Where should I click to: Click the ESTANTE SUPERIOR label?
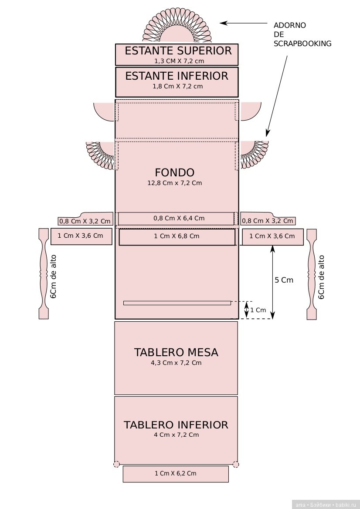point(178,51)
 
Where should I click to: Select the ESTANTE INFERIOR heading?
point(177,76)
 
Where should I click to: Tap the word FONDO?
point(174,172)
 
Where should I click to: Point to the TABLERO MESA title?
point(176,352)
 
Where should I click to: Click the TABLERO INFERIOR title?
point(176,425)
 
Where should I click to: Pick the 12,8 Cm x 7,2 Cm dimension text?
point(174,183)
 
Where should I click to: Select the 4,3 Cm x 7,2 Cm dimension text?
point(176,363)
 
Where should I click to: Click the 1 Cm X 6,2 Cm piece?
point(176,474)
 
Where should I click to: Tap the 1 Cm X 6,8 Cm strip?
point(177,236)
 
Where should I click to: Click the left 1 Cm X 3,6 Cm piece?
point(81,236)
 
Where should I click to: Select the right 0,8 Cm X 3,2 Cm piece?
point(268,220)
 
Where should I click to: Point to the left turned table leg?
point(44,273)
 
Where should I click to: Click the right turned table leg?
point(312,273)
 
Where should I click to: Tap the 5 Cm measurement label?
point(284,280)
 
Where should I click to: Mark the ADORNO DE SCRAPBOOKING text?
point(302,34)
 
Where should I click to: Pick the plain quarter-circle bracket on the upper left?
point(105,111)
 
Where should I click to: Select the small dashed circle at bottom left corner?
point(116,464)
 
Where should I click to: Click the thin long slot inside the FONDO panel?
point(177,303)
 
